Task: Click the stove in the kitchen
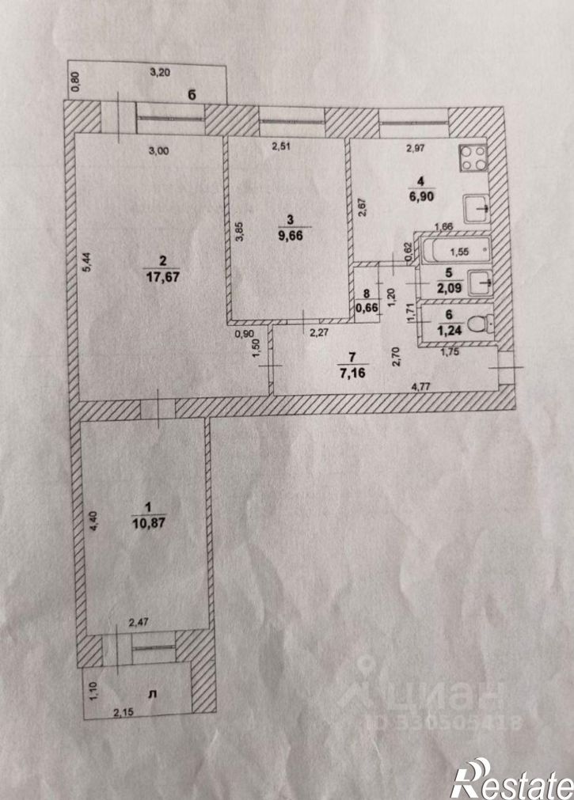pos(473,158)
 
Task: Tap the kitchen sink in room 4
pos(477,208)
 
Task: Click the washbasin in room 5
pos(479,282)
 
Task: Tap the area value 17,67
pos(163,277)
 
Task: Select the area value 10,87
pos(149,524)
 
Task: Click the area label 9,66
pos(291,237)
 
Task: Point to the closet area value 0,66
pos(366,308)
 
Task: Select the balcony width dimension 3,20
pos(160,73)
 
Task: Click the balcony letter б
pos(192,94)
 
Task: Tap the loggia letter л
pos(152,694)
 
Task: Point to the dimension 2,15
pos(124,711)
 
